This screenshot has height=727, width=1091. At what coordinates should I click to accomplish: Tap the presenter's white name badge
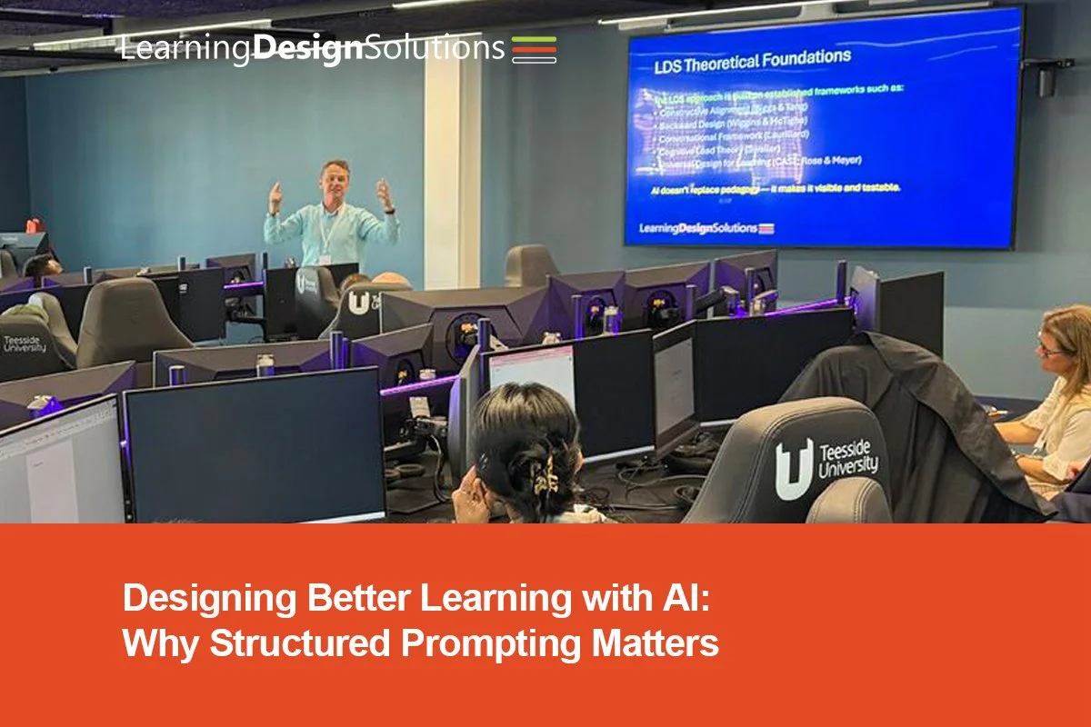coord(325,258)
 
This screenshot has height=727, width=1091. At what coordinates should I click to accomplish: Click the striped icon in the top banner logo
coord(534,48)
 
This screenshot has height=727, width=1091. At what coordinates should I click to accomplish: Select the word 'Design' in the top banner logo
coord(306,48)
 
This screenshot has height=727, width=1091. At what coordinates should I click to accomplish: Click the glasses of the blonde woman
coord(1050,349)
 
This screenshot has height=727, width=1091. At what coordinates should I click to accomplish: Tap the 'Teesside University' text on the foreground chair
coord(847,460)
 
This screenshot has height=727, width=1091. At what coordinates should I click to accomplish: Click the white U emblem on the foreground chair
coord(794,469)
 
